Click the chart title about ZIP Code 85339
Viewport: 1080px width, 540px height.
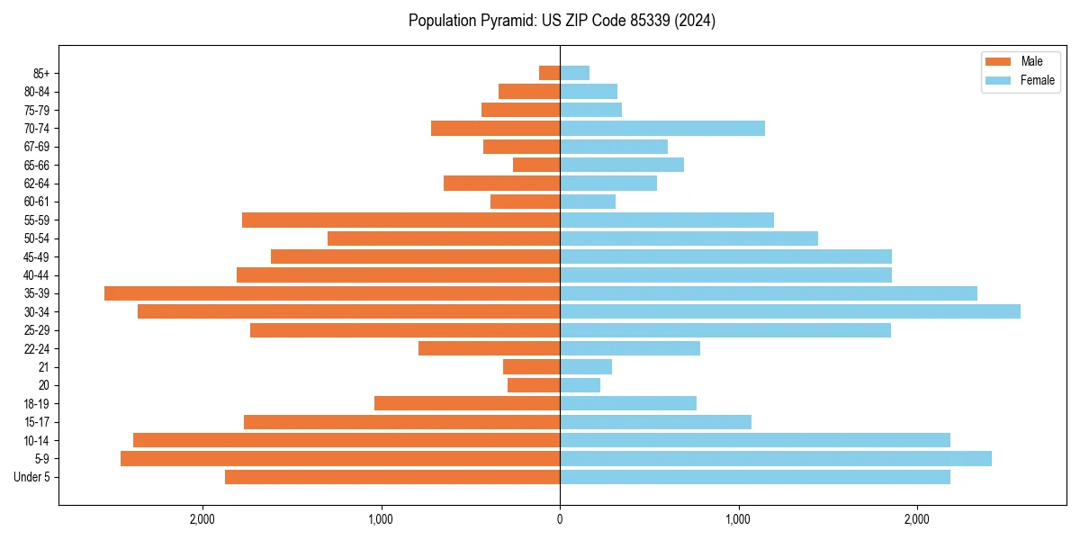(x=562, y=21)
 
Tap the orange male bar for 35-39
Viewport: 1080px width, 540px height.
(x=332, y=293)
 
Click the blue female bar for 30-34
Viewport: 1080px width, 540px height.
(x=790, y=311)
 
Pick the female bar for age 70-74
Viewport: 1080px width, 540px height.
(x=662, y=129)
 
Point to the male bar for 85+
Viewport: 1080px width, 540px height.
(x=549, y=73)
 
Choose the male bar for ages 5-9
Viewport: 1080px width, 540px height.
(x=340, y=459)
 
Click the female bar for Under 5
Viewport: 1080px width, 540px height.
(x=755, y=477)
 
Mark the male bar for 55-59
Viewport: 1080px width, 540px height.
(x=400, y=220)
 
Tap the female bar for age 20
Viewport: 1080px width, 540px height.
(x=580, y=385)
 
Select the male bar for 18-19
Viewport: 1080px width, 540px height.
(x=467, y=403)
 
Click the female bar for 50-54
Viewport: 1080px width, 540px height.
(x=688, y=238)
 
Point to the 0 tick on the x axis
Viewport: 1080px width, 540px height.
(x=560, y=519)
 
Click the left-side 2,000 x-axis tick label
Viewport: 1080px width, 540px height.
(x=202, y=519)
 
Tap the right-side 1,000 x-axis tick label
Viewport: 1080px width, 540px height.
(x=738, y=519)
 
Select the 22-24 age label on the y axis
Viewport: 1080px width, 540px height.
(x=37, y=348)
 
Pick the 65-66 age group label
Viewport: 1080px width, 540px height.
(x=37, y=165)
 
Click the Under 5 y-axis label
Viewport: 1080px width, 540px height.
(x=32, y=477)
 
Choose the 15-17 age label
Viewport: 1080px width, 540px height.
(x=37, y=422)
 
